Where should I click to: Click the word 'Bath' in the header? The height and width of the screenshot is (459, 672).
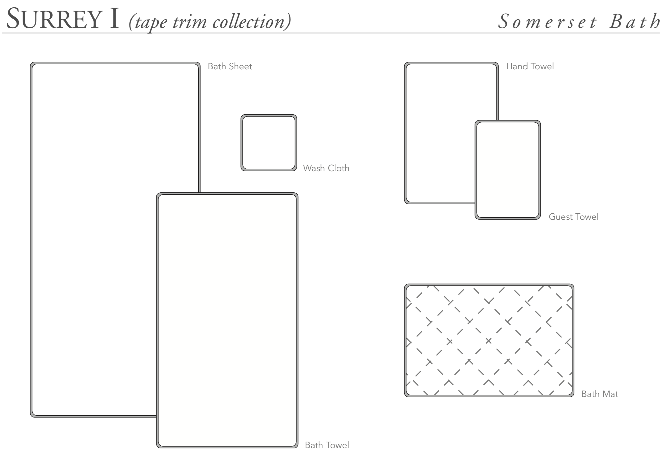click(x=634, y=21)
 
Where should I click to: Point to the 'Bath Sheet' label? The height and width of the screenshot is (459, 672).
click(x=230, y=67)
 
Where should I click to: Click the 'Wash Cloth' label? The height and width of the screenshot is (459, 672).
click(x=326, y=168)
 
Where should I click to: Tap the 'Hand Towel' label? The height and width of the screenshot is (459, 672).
click(x=530, y=67)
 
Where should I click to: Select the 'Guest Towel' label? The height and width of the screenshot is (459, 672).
click(x=574, y=217)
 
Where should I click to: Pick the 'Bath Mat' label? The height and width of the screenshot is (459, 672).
click(x=600, y=394)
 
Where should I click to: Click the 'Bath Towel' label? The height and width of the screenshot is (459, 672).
click(x=327, y=445)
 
